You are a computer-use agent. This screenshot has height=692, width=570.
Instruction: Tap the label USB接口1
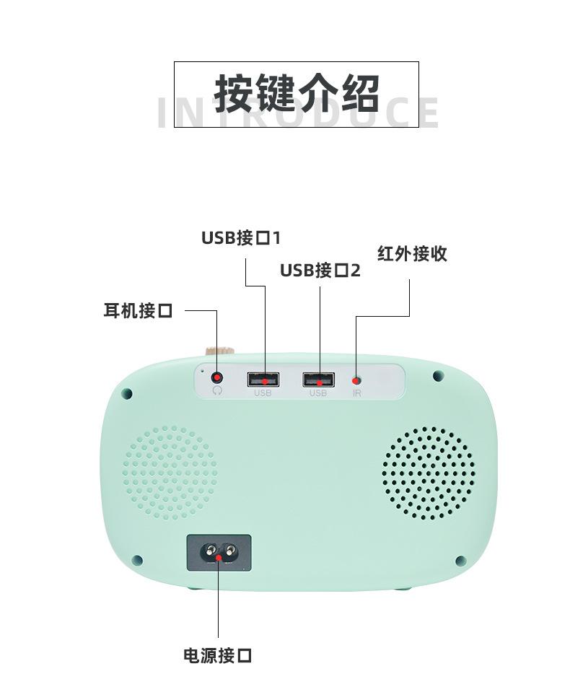(x=240, y=237)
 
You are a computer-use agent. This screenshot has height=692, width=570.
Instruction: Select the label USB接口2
(x=320, y=270)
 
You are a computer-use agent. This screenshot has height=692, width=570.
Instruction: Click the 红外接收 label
(x=412, y=253)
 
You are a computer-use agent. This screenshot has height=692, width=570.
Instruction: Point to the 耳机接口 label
(x=138, y=311)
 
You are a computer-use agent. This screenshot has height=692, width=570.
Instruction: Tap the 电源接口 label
(x=217, y=655)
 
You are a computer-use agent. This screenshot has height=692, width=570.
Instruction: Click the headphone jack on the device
(x=217, y=377)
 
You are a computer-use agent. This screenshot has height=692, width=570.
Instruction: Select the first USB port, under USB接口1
(x=263, y=380)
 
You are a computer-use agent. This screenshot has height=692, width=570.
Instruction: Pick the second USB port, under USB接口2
(x=318, y=380)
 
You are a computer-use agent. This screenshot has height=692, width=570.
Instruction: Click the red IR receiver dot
(x=356, y=380)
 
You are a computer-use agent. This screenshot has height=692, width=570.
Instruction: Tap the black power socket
(x=219, y=553)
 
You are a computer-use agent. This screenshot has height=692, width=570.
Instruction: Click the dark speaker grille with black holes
(x=428, y=473)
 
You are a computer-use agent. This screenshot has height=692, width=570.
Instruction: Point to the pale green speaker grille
(x=170, y=472)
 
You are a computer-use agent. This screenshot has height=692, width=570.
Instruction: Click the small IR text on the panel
(x=356, y=393)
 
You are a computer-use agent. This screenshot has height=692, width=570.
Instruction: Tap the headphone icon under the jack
(x=217, y=390)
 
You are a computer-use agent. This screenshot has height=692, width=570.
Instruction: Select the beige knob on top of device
(x=220, y=351)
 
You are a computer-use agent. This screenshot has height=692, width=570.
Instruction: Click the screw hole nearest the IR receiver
(x=437, y=376)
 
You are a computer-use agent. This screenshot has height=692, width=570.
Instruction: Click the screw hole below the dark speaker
(x=460, y=561)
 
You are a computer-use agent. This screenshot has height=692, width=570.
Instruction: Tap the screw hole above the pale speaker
(x=127, y=393)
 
